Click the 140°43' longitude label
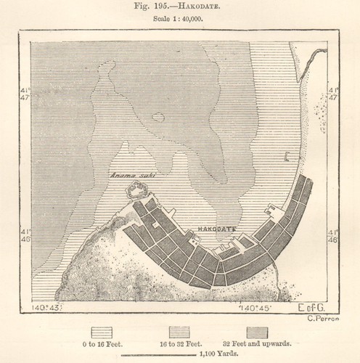(x=46, y=308)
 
